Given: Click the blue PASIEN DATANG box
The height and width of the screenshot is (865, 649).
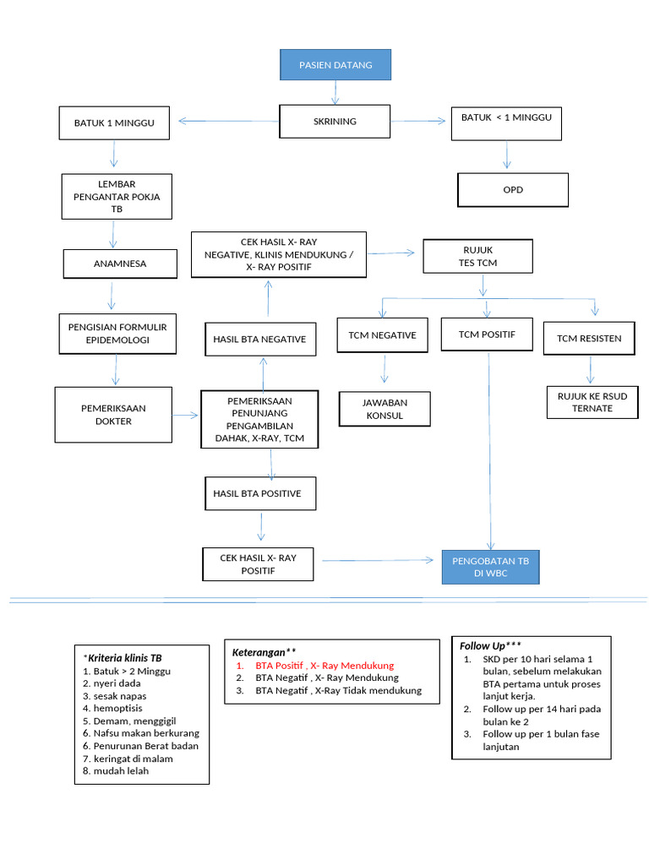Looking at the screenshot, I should point(335,65).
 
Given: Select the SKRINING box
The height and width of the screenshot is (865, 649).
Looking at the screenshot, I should point(335,122).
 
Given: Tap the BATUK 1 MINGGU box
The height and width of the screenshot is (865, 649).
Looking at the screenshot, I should point(114,122).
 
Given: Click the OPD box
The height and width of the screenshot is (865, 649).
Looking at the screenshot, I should point(513,190).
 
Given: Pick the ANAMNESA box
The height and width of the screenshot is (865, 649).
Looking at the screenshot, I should point(120,264).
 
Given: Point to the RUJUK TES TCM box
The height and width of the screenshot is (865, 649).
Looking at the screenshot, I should point(478,257).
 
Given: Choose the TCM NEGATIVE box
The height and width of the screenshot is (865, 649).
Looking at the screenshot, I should point(383,335).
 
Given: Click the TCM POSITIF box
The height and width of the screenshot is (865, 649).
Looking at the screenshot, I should point(487,335).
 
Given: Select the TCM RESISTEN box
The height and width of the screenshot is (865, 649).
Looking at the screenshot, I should point(589,339).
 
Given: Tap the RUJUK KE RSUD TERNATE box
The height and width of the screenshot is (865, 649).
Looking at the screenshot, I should point(592,402).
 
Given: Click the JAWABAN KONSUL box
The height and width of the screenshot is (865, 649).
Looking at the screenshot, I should point(384,410).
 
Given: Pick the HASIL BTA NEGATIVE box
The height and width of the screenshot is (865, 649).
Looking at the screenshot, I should point(259,340).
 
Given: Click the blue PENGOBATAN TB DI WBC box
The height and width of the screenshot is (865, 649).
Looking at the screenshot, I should point(490,567).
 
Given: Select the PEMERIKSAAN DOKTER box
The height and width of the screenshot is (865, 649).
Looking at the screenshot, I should point(113,415).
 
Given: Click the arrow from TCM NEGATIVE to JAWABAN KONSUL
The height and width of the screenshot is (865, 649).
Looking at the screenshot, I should point(385,369).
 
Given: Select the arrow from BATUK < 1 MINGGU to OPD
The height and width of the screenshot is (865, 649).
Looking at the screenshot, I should point(507,155).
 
